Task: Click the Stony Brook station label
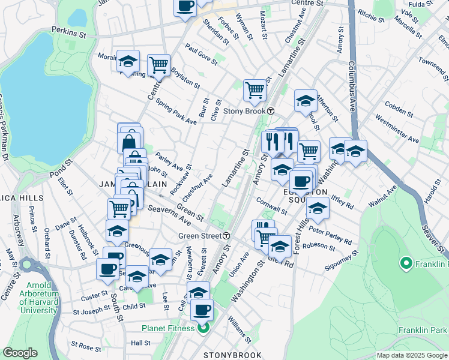245,111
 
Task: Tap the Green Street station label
200,236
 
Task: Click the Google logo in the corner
20,353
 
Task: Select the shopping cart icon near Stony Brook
255,90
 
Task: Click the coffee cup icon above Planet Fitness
202,310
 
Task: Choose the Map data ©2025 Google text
412,355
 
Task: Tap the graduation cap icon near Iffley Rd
318,208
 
